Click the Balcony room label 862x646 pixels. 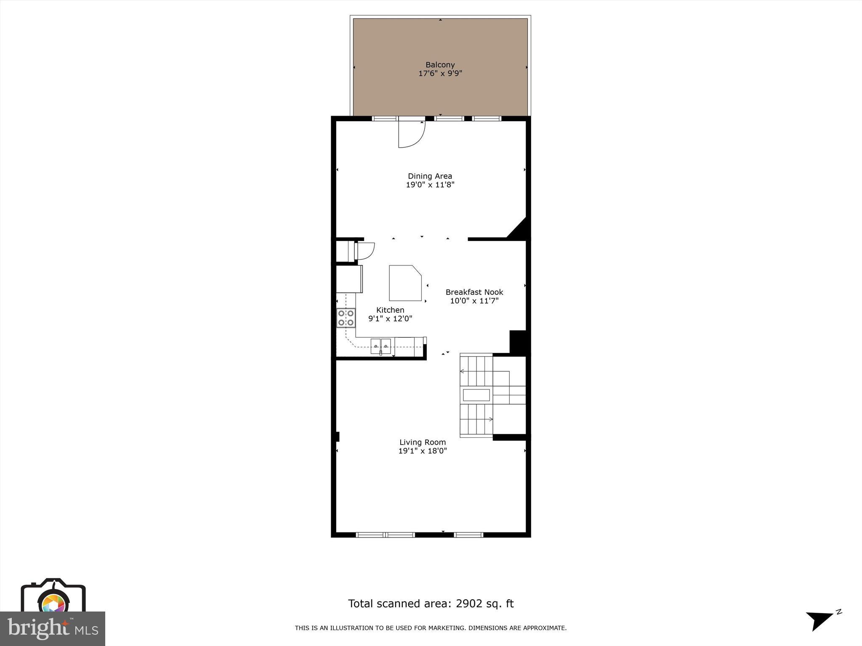(x=440, y=65)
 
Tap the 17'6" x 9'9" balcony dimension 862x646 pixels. (x=440, y=74)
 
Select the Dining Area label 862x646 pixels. (x=430, y=176)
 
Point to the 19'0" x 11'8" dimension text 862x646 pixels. (x=430, y=185)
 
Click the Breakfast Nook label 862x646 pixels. (x=474, y=292)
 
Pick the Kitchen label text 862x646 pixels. (x=390, y=310)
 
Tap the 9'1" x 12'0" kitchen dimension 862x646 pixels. (x=390, y=319)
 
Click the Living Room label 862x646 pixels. (x=423, y=442)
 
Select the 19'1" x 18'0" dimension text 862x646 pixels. (x=423, y=451)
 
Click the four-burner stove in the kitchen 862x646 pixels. (x=346, y=318)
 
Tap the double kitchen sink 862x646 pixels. (x=381, y=346)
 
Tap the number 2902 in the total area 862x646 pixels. (x=468, y=604)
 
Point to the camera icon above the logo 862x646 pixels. (x=53, y=597)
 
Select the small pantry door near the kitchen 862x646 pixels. (x=365, y=251)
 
